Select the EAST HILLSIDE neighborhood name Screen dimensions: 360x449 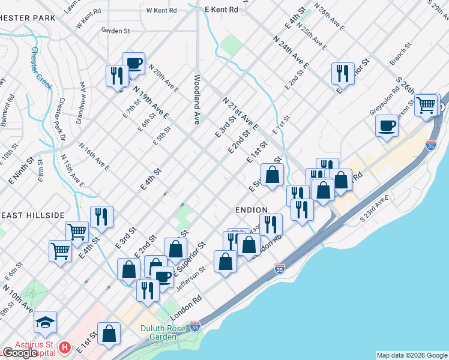pos(32,215)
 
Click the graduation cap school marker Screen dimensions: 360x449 pos(46,322)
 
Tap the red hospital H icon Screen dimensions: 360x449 pos(65,347)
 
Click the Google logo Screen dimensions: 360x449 pos(19,353)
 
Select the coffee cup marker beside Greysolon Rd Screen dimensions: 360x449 pos(387,126)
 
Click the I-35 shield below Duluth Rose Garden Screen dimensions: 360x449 pos(195,326)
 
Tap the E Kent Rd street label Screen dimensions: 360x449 pos(221,9)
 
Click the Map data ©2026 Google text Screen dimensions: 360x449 pos(412,355)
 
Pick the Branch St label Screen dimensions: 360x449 pos(402,53)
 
